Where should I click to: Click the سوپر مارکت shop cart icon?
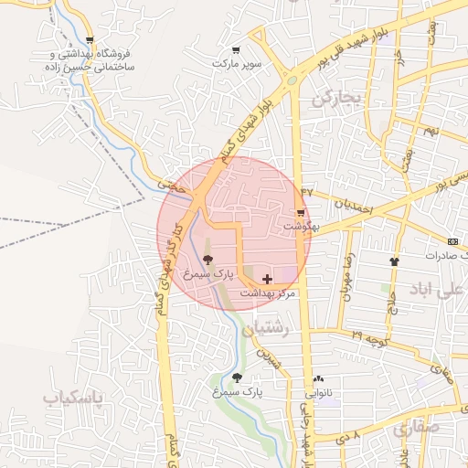point(236,50)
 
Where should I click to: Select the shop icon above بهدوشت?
point(300,212)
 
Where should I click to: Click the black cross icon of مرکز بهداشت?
point(267,278)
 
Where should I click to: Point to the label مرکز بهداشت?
point(269,293)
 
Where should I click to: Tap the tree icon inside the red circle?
point(207,261)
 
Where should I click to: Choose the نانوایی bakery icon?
point(318,378)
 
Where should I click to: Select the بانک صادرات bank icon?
point(454,241)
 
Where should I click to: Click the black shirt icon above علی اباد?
point(394,261)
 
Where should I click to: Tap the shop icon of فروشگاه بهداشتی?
point(90,40)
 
